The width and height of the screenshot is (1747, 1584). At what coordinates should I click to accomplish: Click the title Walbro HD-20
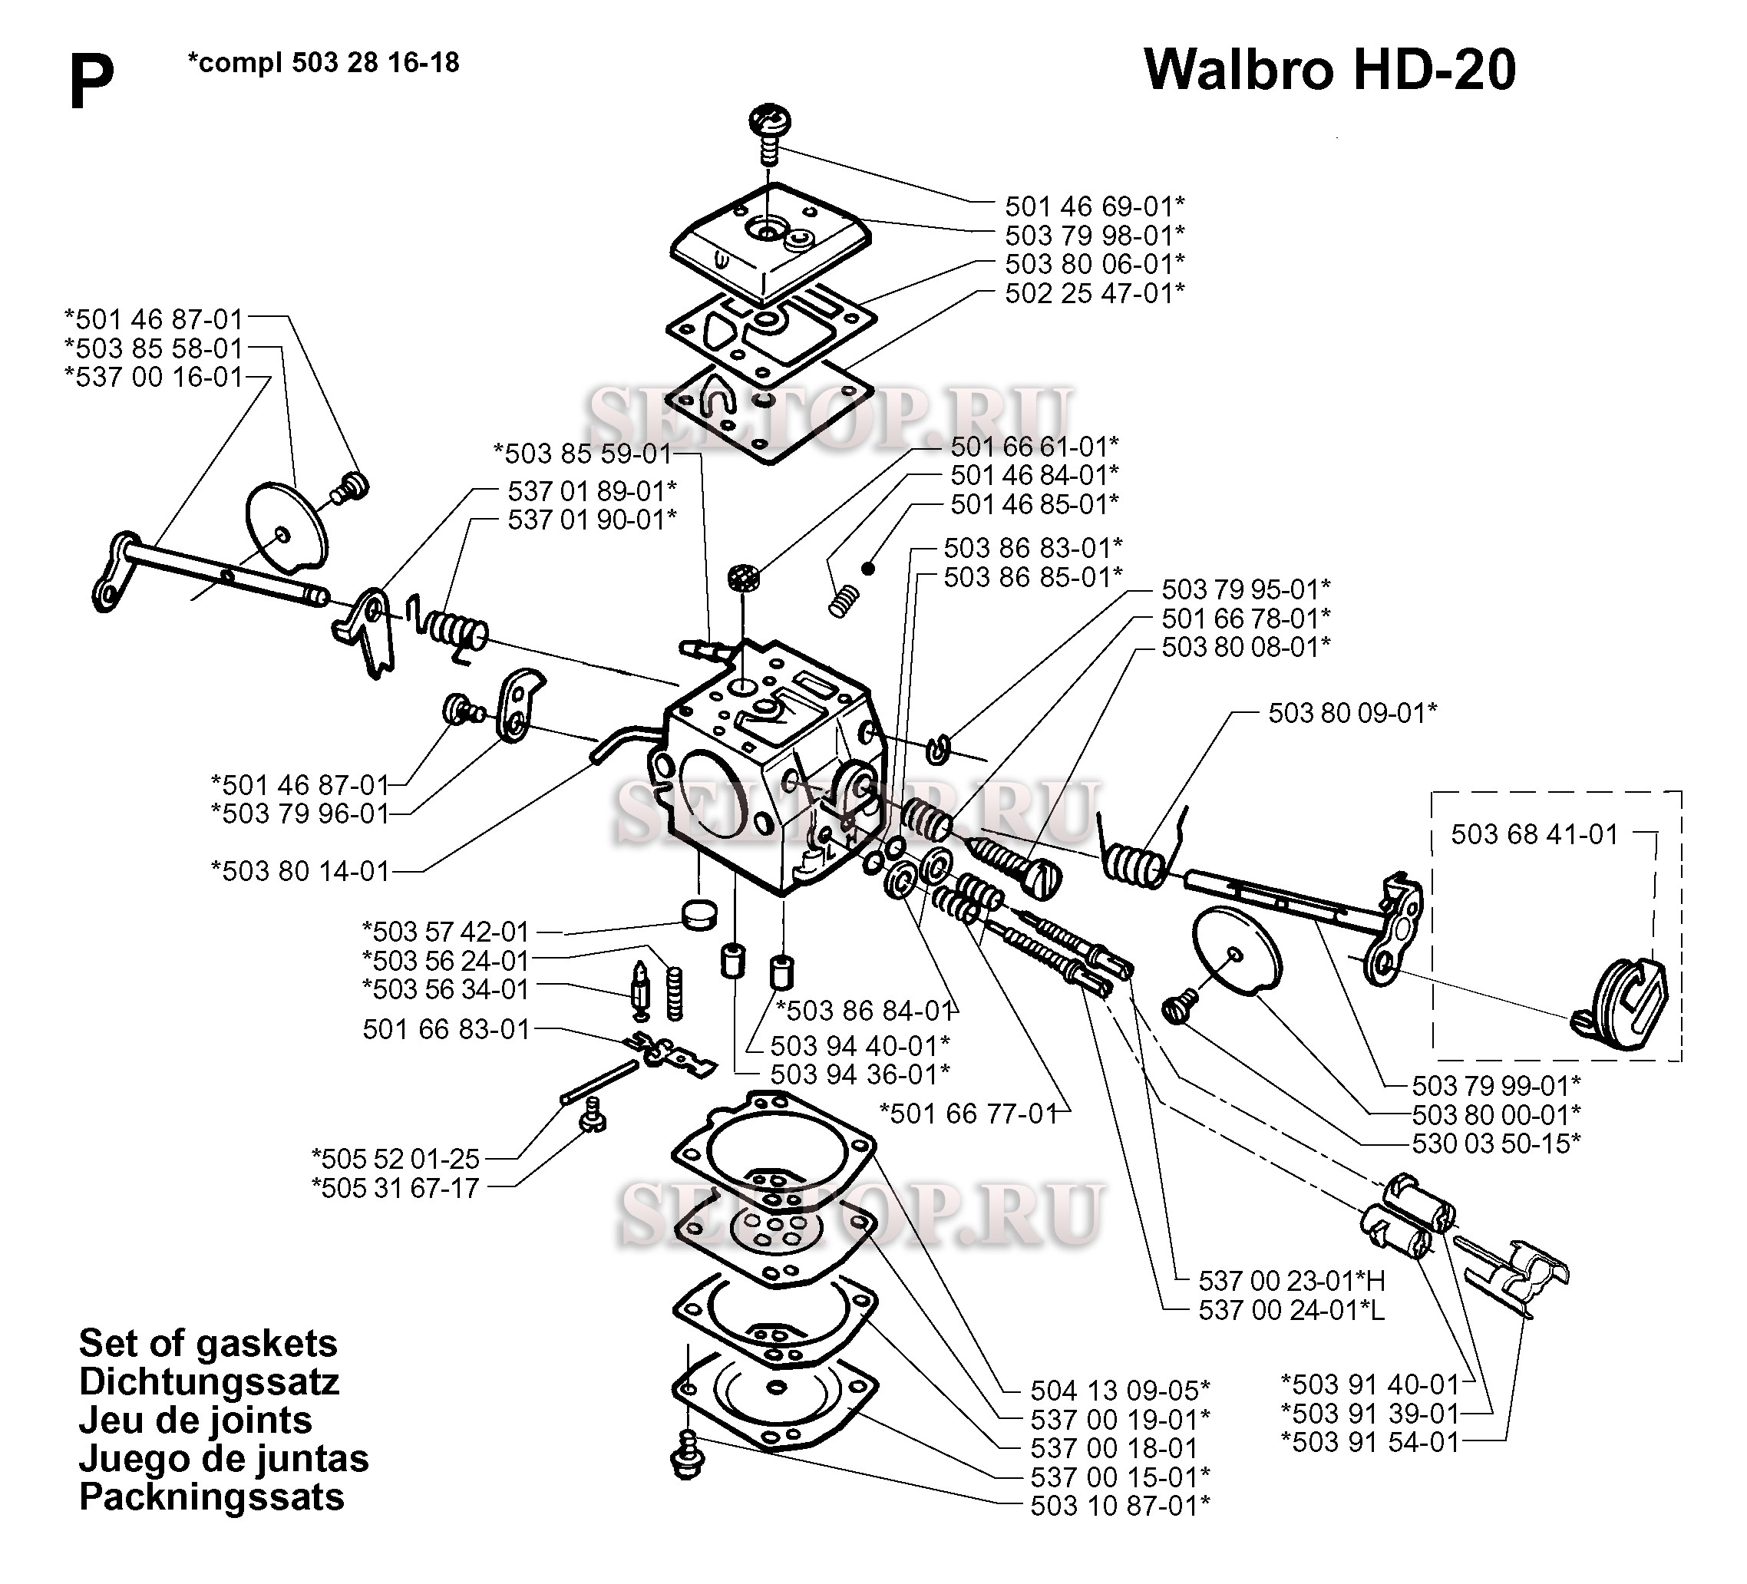1329,69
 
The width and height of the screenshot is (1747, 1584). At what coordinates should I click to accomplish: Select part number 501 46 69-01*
1094,206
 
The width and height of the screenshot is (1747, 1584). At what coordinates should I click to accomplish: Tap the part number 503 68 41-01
1534,833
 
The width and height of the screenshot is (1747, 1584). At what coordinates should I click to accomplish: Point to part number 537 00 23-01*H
1291,1281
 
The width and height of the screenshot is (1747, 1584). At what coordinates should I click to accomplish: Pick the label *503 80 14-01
300,871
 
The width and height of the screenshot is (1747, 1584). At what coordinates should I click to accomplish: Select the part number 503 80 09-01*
1352,712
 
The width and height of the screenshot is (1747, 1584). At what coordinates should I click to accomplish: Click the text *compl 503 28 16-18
323,62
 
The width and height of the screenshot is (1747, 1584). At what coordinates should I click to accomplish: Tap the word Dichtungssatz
209,1381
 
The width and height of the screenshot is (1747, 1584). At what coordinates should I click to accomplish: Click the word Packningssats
211,1497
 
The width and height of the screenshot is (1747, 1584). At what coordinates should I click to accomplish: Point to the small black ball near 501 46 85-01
868,569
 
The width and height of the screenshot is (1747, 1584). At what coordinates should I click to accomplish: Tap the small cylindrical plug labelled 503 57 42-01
698,914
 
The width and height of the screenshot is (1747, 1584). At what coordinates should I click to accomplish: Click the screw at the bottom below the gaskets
688,1457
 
